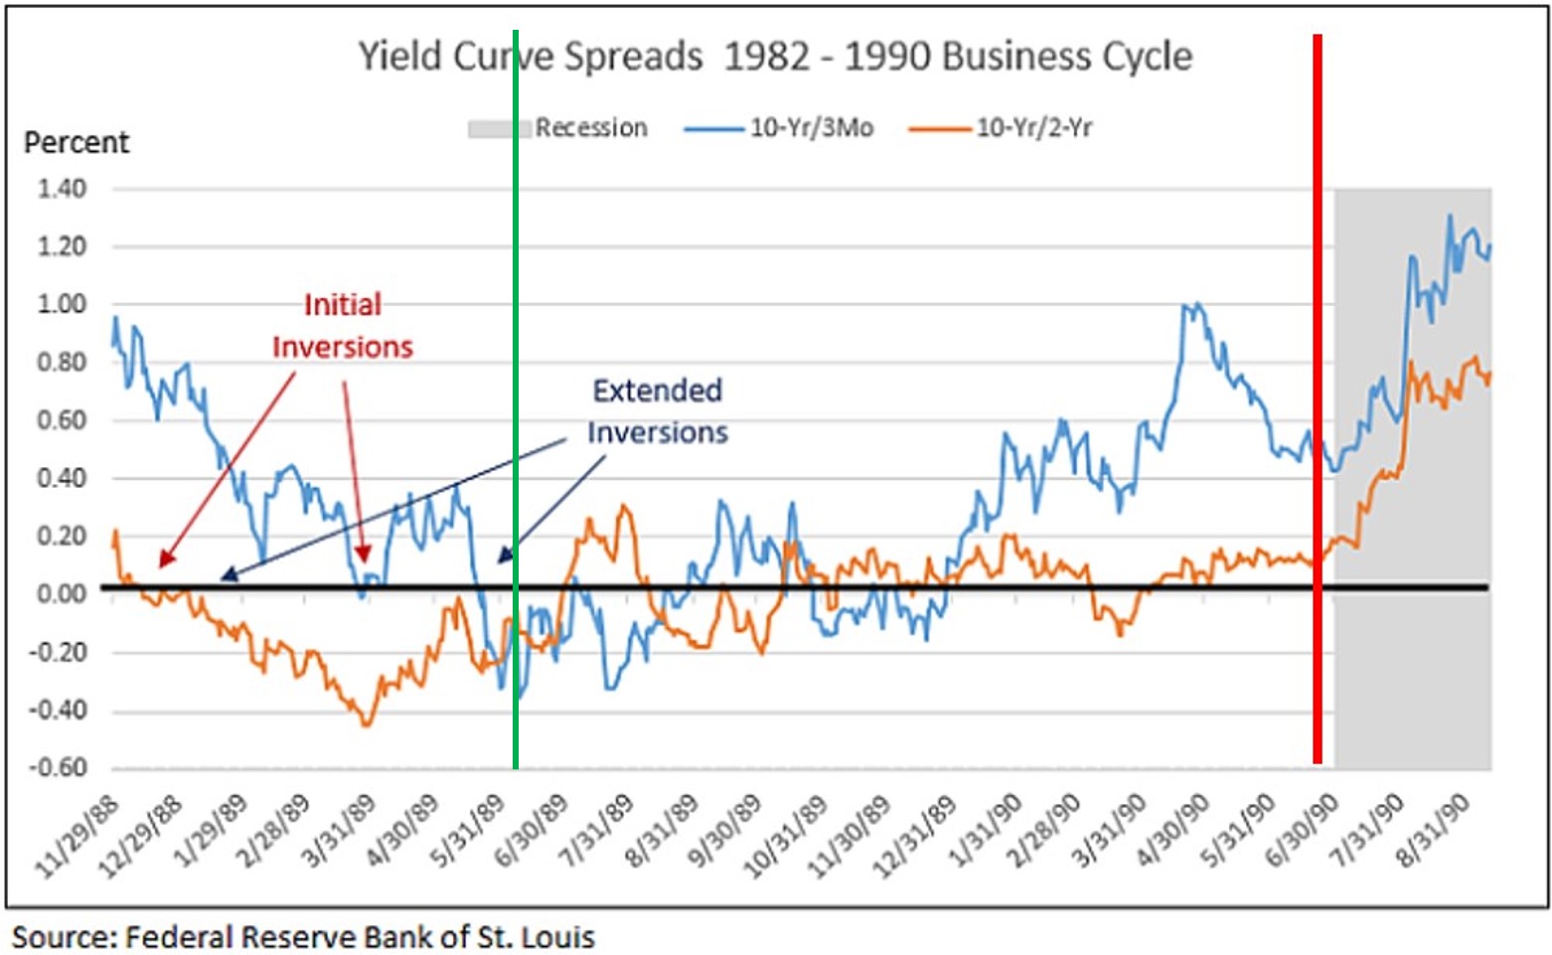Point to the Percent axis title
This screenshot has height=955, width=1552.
(x=77, y=143)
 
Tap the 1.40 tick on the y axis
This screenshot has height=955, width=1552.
(x=62, y=189)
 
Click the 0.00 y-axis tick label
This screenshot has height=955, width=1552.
(x=62, y=594)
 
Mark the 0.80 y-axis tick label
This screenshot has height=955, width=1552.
(x=62, y=363)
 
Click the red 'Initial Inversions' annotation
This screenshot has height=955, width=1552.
(x=343, y=326)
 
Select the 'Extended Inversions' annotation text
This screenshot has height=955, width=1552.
(x=658, y=411)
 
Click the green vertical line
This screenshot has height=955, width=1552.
(x=516, y=398)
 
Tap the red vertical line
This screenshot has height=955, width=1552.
(x=1318, y=398)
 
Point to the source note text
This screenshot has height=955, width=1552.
(x=303, y=937)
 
